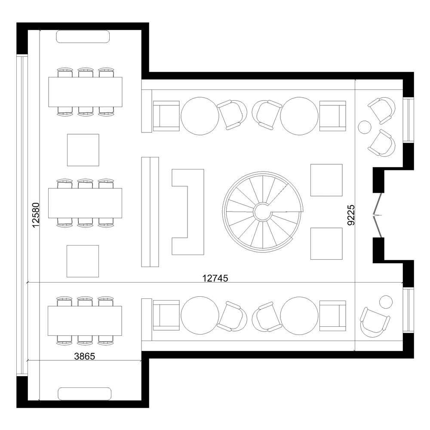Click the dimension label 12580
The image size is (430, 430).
tap(36, 215)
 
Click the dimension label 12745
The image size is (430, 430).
tap(215, 278)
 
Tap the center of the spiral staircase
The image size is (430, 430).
tap(262, 211)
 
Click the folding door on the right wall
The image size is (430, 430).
tap(378, 215)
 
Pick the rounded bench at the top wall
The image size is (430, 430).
tap(83, 37)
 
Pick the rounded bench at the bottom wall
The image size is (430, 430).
tap(85, 393)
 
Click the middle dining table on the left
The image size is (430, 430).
tap(85, 203)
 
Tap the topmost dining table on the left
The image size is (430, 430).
tap(85, 92)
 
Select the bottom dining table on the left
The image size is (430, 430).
tap(85, 320)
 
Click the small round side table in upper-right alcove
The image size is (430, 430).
tap(365, 127)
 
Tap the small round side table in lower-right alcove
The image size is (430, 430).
tap(386, 302)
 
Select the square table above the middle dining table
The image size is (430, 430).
tap(83, 150)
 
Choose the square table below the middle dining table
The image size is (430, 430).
tap(83, 261)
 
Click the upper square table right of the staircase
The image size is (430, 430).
tap(326, 180)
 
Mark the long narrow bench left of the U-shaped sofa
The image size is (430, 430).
tap(150, 212)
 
